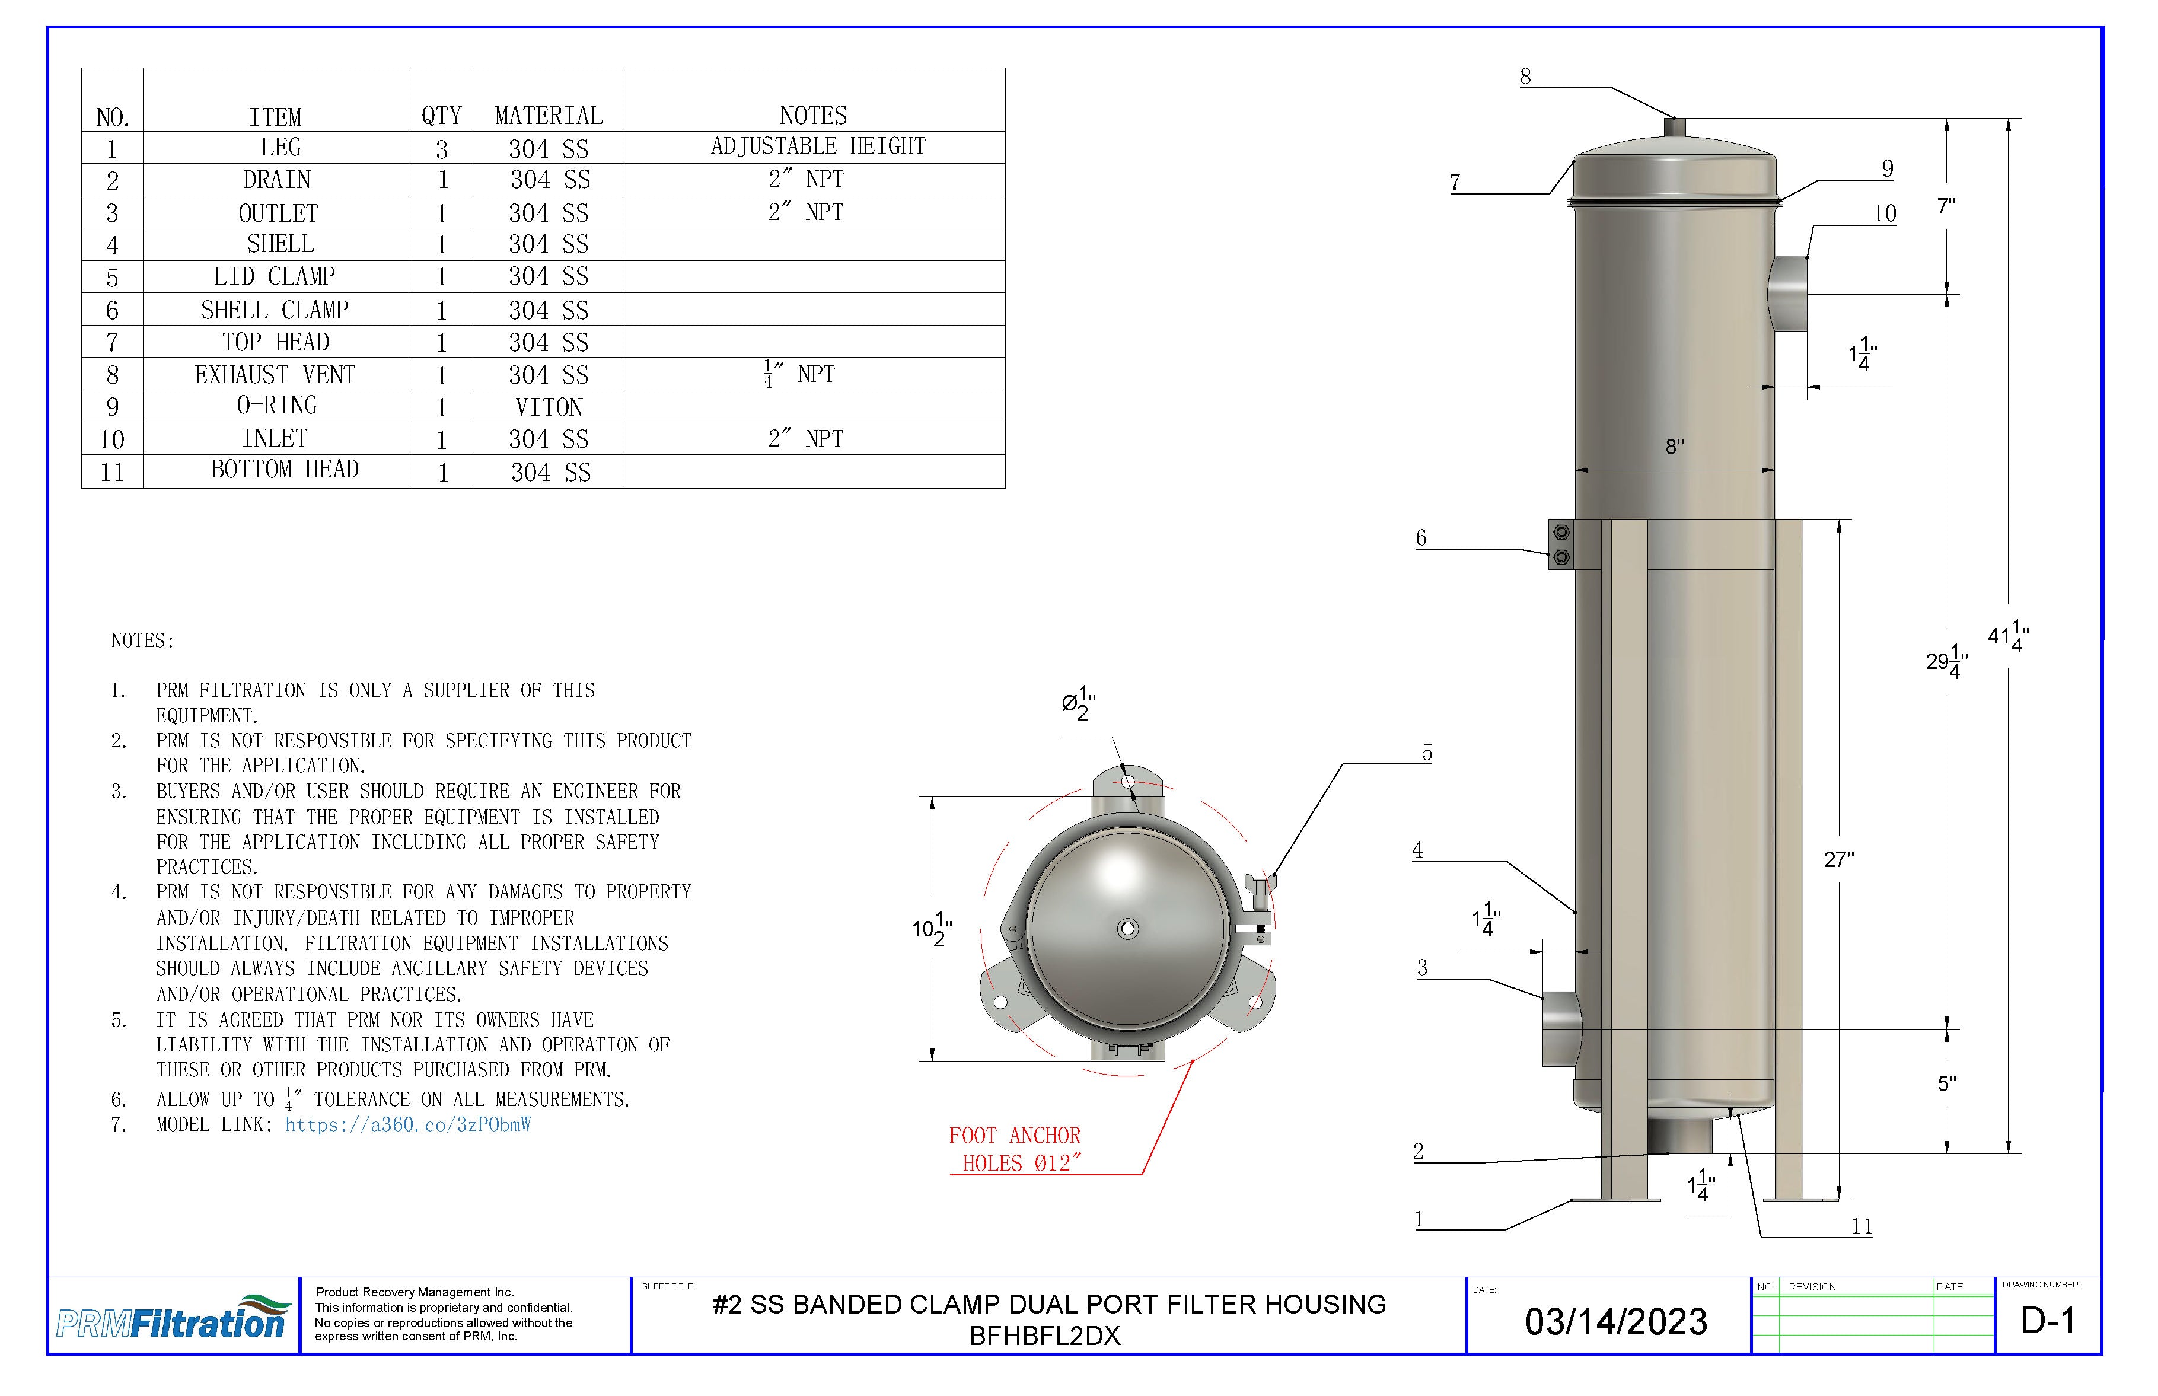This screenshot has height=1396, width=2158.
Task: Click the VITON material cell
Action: (549, 406)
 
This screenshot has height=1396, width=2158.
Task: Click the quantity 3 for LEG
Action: (441, 149)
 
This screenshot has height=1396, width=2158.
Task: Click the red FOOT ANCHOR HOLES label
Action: (1015, 1149)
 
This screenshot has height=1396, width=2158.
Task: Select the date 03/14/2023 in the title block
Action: (1616, 1322)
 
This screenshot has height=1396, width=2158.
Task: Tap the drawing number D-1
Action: (2048, 1321)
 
